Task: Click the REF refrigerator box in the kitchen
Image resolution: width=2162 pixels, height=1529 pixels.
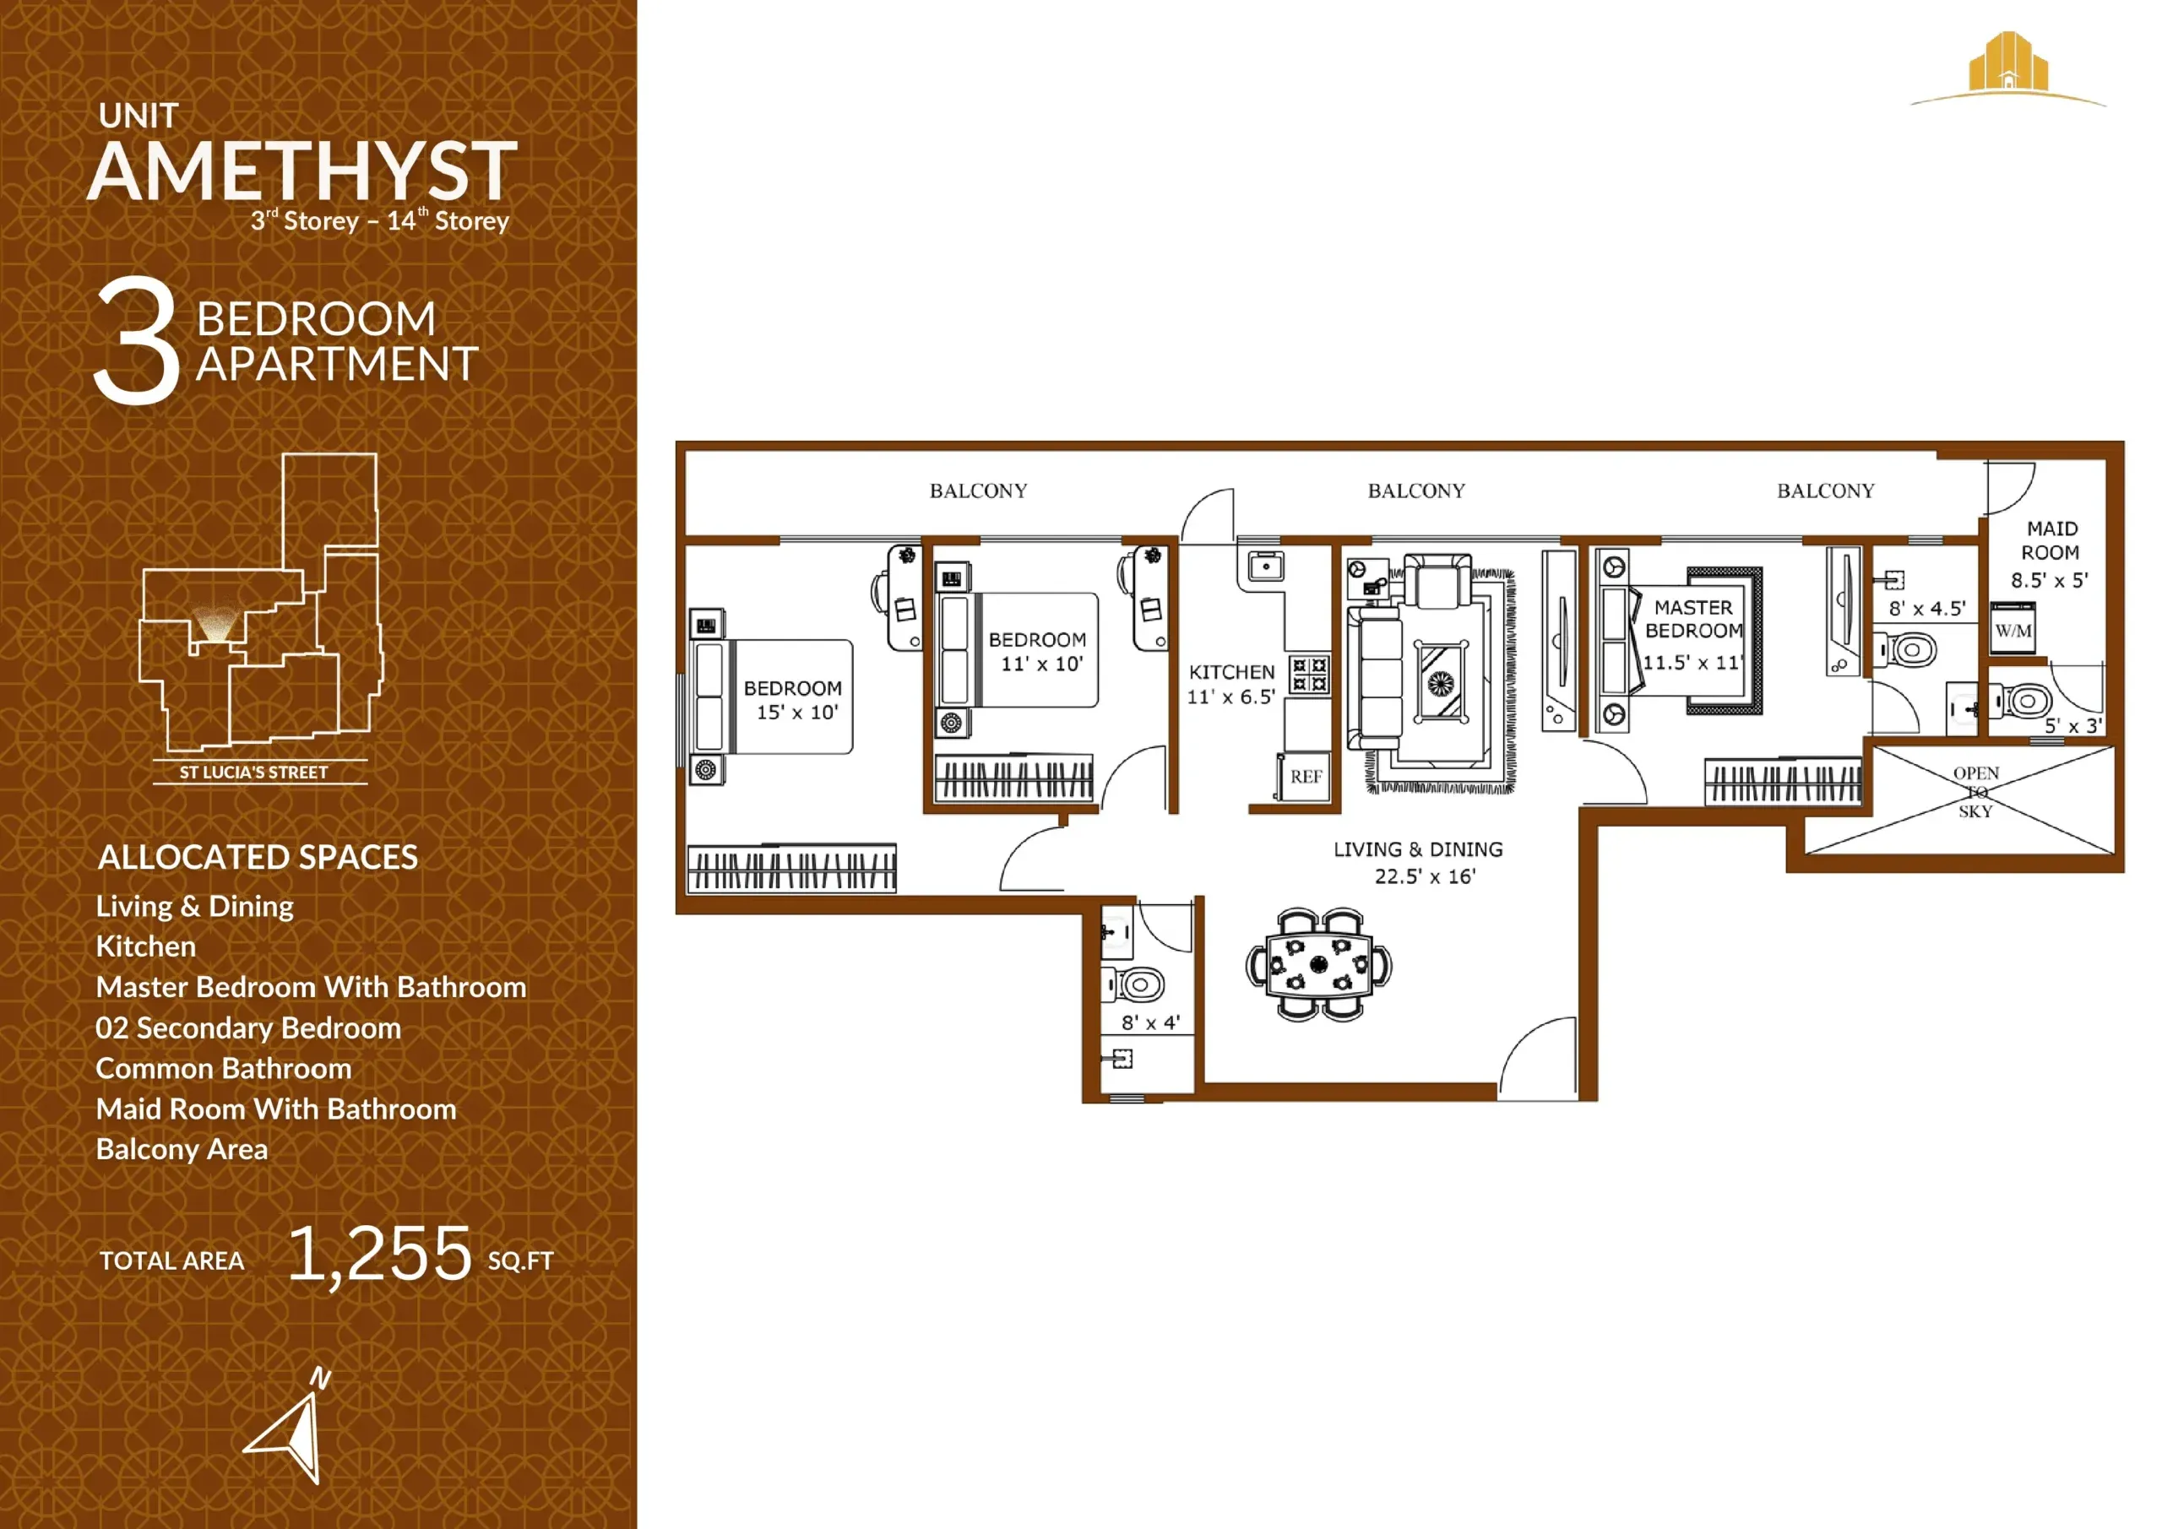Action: pyautogui.click(x=1305, y=777)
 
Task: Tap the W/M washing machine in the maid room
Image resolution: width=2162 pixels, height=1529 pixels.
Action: pyautogui.click(x=2013, y=630)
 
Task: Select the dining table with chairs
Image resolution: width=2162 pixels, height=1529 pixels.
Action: pyautogui.click(x=1318, y=964)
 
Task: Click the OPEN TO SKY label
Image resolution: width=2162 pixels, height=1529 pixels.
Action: pyautogui.click(x=1975, y=792)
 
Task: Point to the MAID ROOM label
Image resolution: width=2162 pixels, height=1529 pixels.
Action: pyautogui.click(x=2051, y=540)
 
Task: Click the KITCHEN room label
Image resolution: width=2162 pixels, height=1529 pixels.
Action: pyautogui.click(x=1231, y=672)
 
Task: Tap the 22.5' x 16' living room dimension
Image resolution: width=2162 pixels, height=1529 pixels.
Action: pyautogui.click(x=1425, y=876)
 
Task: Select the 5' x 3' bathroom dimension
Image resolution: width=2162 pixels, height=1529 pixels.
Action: pyautogui.click(x=2072, y=726)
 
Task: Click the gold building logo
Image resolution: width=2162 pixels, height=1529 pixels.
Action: pyautogui.click(x=2007, y=65)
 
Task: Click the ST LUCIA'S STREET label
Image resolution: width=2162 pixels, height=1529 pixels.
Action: pyautogui.click(x=253, y=772)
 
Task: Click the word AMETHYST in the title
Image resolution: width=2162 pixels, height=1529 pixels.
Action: pyautogui.click(x=303, y=171)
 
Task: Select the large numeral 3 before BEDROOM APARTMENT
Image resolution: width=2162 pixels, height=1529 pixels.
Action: pyautogui.click(x=138, y=341)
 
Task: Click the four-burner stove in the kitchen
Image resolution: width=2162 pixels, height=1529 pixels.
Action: pyautogui.click(x=1309, y=674)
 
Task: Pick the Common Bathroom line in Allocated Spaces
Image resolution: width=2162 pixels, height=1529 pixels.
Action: pyautogui.click(x=224, y=1069)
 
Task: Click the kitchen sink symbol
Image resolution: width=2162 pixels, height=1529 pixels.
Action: pyautogui.click(x=1267, y=567)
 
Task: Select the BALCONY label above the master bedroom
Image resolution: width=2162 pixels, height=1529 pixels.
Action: pyautogui.click(x=1825, y=491)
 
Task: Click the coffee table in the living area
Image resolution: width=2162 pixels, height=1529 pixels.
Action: pyautogui.click(x=1441, y=680)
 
